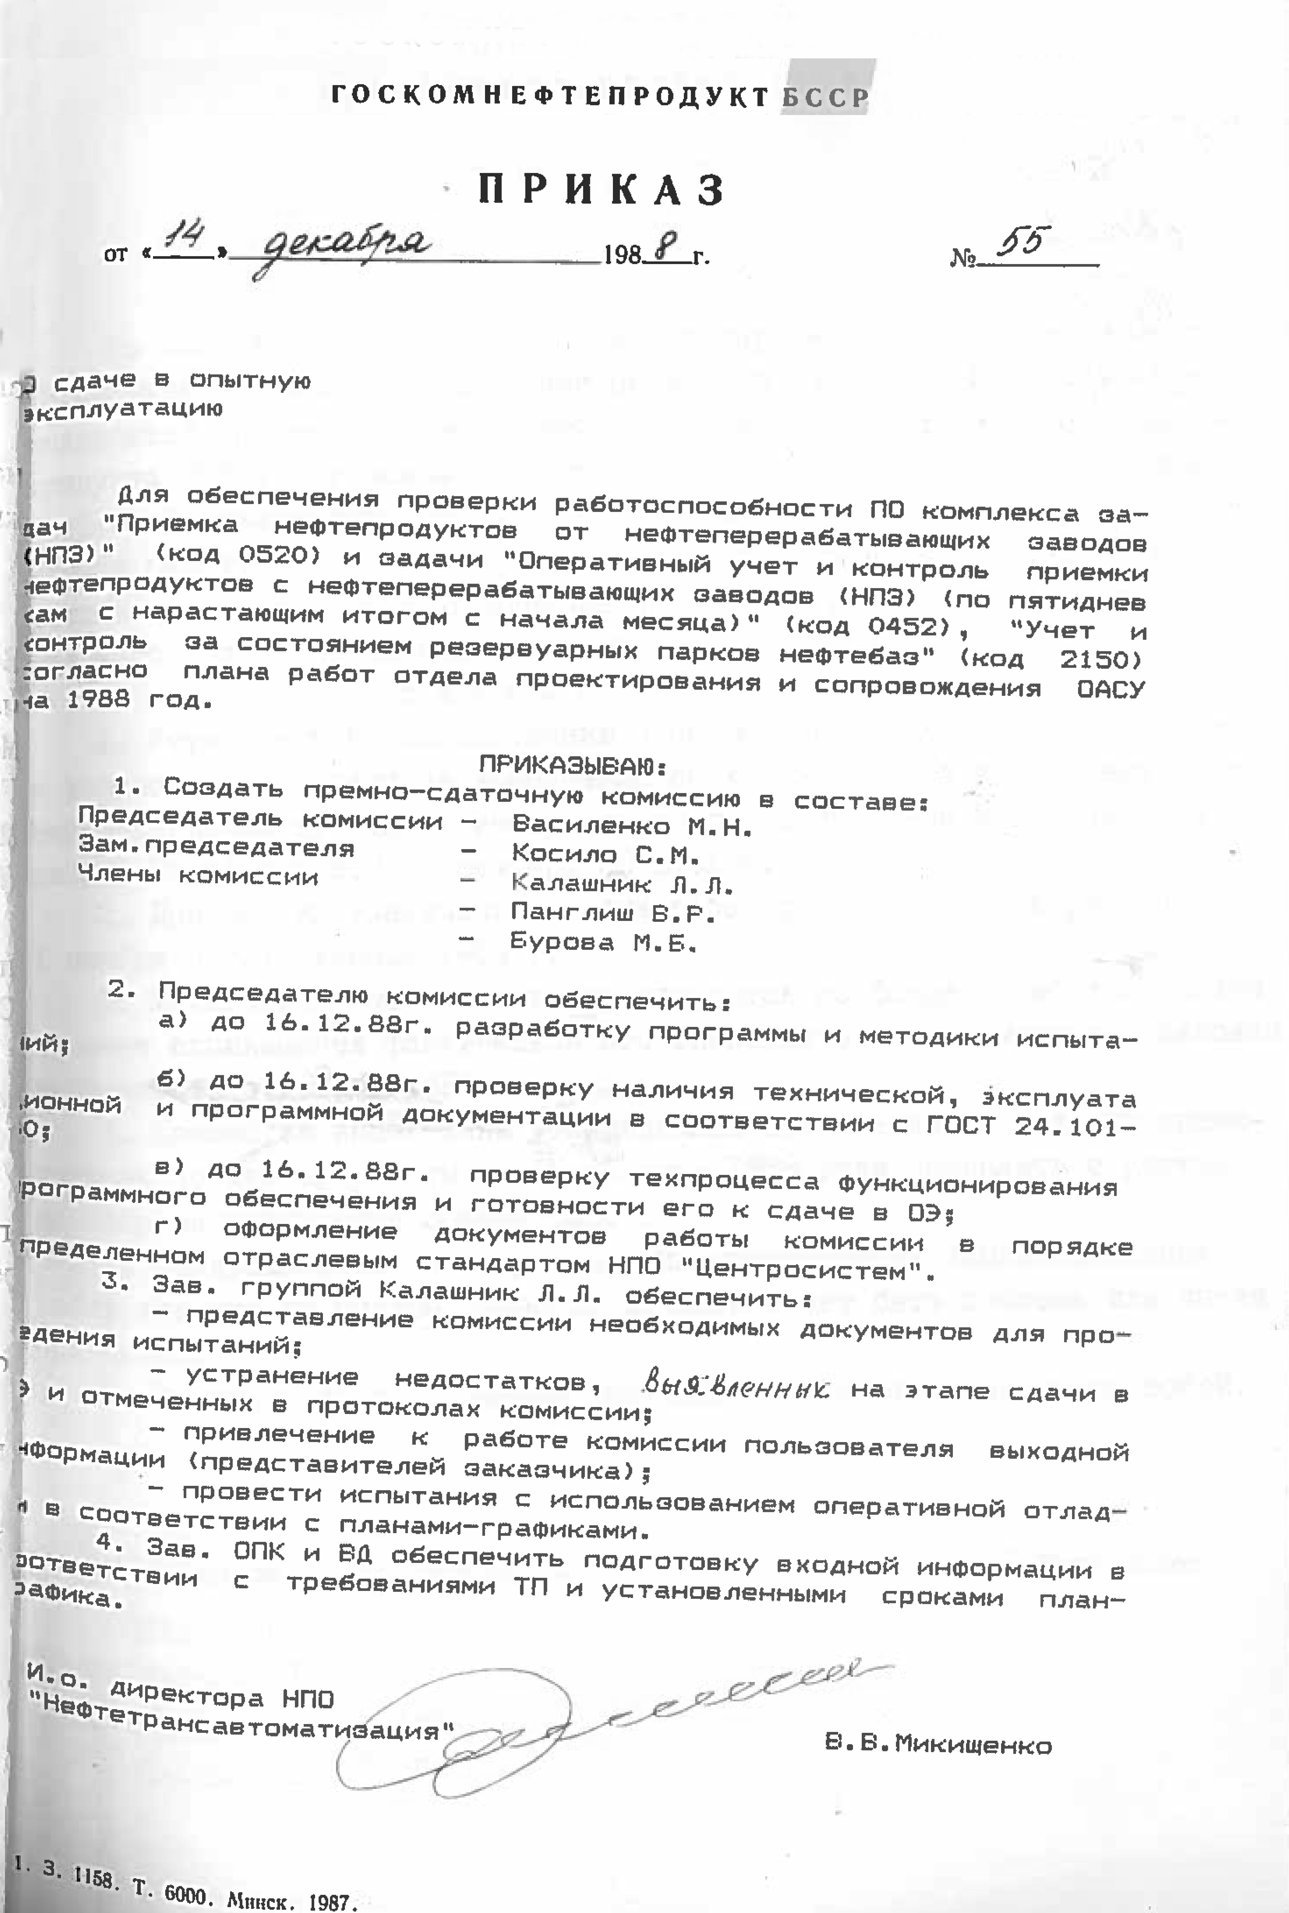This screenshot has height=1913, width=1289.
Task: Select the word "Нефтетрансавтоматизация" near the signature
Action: pos(247,1717)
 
